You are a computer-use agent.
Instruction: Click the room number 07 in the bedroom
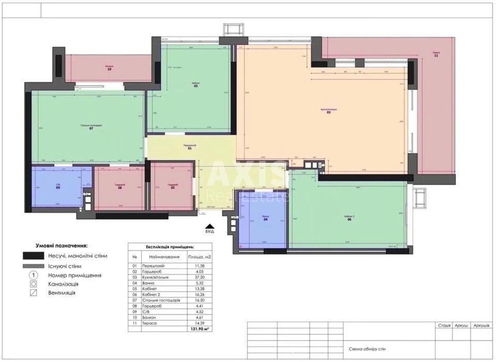pos(91,129)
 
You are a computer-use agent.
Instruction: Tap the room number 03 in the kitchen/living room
pos(329,112)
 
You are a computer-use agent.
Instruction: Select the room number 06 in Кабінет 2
pos(349,220)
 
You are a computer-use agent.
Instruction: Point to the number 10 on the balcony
pos(109,69)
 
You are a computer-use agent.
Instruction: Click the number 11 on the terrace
pos(436,56)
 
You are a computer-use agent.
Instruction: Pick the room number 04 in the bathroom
pos(266,219)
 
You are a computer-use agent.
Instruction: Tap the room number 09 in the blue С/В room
pos(58,188)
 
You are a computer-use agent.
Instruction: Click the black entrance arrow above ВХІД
pos(210,226)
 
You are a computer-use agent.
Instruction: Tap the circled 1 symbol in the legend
pos(34,275)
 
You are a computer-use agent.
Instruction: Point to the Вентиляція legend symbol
pos(34,293)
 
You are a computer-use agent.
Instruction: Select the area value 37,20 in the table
pos(199,278)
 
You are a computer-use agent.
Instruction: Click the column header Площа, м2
pos(199,257)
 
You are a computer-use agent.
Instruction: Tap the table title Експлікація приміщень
pos(170,247)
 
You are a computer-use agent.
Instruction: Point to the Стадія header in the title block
pos(444,326)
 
